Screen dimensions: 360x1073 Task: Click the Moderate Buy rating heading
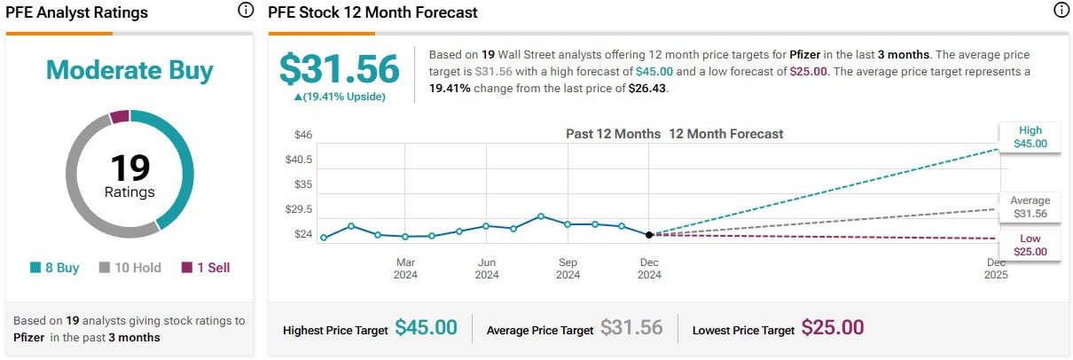click(x=129, y=70)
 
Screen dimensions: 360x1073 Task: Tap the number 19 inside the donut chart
click(x=129, y=168)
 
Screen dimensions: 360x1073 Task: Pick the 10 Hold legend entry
click(x=129, y=267)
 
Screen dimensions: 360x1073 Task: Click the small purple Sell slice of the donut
click(x=120, y=116)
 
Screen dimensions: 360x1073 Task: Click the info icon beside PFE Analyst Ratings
click(x=246, y=11)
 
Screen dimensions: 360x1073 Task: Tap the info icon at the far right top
click(x=1061, y=11)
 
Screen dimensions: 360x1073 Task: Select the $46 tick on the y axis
click(x=303, y=135)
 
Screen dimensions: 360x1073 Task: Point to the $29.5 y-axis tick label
click(x=300, y=209)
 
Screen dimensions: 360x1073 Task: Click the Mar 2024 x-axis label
click(x=405, y=268)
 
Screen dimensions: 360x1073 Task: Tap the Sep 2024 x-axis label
click(x=568, y=268)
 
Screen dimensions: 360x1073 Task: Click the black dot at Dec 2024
click(x=649, y=235)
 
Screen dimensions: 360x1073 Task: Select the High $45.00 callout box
click(x=1030, y=137)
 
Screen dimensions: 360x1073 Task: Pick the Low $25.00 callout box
click(x=1030, y=245)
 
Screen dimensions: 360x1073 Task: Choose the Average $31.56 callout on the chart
click(x=1030, y=207)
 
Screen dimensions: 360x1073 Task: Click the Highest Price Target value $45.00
click(x=426, y=328)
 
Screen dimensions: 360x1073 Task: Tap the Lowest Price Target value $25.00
click(x=832, y=328)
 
